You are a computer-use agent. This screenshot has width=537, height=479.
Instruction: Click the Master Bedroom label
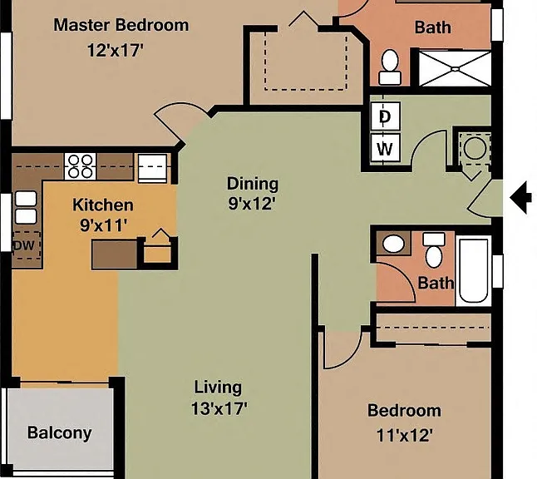[x=121, y=25]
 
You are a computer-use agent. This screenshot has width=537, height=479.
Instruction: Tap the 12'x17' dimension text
[x=115, y=51]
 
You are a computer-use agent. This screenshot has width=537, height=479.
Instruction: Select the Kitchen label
[x=103, y=205]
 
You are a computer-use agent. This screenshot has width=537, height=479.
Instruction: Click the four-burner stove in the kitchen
[x=80, y=166]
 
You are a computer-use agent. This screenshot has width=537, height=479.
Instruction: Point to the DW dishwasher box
[x=26, y=245]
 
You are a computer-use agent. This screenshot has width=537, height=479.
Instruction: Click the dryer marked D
[x=385, y=116]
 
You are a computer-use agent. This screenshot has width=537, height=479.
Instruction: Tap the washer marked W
[x=385, y=148]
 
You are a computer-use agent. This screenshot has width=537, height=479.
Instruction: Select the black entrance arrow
[x=520, y=198]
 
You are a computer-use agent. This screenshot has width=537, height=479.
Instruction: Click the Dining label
[x=253, y=184]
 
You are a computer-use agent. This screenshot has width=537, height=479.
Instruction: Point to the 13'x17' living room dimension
[x=219, y=408]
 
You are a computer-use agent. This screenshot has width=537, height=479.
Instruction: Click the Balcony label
[x=60, y=433]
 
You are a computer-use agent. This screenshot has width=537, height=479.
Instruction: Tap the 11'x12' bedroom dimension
[x=405, y=436]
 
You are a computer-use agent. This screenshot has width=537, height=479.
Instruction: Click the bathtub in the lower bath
[x=473, y=270]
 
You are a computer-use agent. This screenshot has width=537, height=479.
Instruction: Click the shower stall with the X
[x=455, y=69]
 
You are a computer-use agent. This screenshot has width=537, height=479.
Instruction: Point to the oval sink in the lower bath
[x=393, y=244]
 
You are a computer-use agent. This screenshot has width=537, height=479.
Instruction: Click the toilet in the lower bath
[x=434, y=249]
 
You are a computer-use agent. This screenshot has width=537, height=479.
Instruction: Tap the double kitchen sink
[x=26, y=208]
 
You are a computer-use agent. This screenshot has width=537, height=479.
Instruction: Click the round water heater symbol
[x=475, y=148]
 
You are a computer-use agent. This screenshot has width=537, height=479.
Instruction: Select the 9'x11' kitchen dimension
[x=104, y=225]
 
